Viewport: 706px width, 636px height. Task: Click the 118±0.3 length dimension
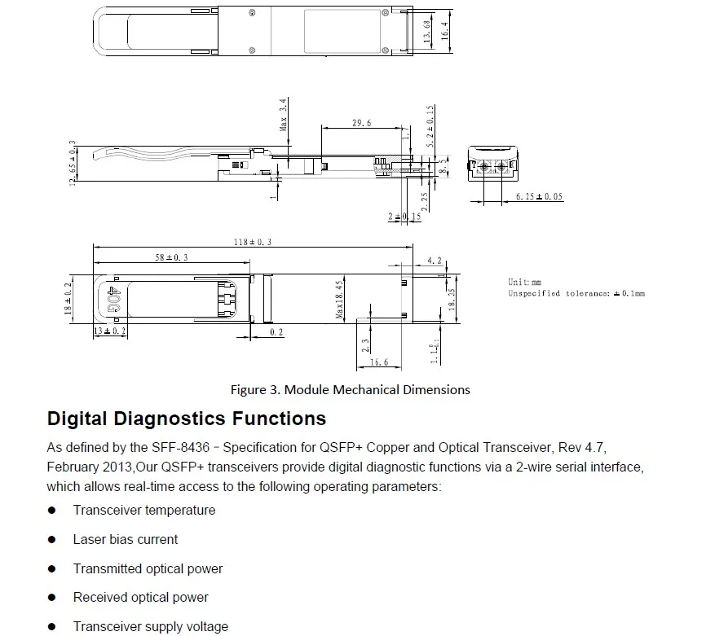(x=253, y=242)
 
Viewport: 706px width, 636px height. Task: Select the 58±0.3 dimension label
(x=171, y=257)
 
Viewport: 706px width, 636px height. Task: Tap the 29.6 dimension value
(x=361, y=123)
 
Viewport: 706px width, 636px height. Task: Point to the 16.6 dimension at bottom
(x=379, y=362)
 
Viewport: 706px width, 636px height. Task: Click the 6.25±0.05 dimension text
(x=539, y=196)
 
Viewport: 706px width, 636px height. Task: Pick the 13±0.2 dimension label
(x=110, y=331)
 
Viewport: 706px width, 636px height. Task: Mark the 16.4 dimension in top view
(x=445, y=31)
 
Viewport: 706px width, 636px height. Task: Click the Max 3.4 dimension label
(x=283, y=115)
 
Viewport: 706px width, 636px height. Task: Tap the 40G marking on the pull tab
(x=113, y=299)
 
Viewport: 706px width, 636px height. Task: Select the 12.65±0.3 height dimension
(x=73, y=163)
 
